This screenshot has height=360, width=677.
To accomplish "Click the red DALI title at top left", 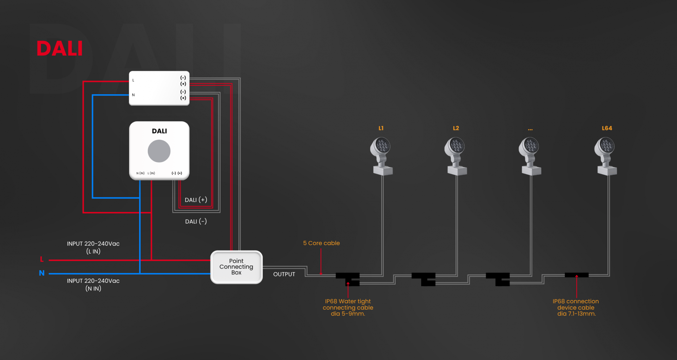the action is click(x=60, y=48).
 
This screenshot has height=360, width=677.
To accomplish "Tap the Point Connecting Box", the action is click(x=236, y=267).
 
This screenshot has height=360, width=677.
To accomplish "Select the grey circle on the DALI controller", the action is click(x=159, y=151).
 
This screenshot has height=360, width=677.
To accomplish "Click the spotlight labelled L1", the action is click(x=382, y=156).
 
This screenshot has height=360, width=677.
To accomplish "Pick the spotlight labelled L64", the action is click(x=606, y=156).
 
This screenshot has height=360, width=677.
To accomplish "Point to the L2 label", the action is click(x=456, y=128).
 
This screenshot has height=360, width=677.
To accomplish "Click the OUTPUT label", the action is click(x=284, y=274).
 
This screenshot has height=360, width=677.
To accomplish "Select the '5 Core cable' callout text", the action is click(x=322, y=243).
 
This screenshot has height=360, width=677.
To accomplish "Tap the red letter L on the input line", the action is click(x=42, y=260).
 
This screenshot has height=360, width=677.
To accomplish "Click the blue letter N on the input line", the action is click(x=42, y=273).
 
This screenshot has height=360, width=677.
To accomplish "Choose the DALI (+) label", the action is click(x=196, y=200).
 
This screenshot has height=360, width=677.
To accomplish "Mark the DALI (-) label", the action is click(x=196, y=221).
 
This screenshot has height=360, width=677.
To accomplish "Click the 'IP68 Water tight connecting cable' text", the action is click(x=348, y=307).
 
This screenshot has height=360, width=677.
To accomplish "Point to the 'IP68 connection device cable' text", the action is click(x=576, y=307).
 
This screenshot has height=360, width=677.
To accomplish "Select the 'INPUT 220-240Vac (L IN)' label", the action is click(x=93, y=248).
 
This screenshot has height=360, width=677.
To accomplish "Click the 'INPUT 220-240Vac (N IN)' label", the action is click(x=93, y=285).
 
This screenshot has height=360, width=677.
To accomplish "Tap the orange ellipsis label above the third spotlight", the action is click(x=530, y=129).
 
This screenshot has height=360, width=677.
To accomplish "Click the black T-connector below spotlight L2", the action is click(x=423, y=279).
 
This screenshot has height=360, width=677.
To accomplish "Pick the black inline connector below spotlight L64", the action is click(x=577, y=275).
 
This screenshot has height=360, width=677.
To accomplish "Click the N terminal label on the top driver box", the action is click(x=133, y=95).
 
